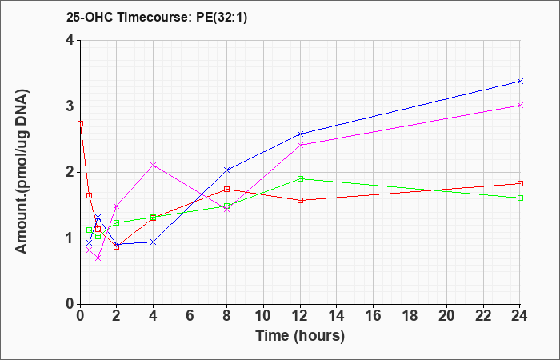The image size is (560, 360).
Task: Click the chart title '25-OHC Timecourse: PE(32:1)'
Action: click(157, 18)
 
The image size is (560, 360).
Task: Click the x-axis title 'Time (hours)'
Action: click(300, 336)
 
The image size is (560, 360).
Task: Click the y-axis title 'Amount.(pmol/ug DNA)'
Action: click(22, 172)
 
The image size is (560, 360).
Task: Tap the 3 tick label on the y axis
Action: click(70, 106)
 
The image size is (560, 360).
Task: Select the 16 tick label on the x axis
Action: click(374, 315)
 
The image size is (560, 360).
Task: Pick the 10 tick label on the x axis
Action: click(263, 315)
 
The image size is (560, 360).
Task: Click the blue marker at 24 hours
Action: click(520, 82)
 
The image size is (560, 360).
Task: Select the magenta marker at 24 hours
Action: click(520, 106)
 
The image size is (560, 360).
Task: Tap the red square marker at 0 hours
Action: click(81, 123)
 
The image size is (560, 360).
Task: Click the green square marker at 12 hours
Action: click(300, 178)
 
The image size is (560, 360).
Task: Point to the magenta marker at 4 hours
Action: click(154, 165)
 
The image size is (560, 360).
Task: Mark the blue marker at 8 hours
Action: click(226, 170)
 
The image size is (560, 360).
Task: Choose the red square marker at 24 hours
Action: click(520, 183)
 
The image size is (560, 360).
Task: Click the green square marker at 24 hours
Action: click(520, 198)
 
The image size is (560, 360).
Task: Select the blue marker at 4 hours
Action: click(154, 242)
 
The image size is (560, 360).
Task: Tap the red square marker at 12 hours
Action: click(300, 200)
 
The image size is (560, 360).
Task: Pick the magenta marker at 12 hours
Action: click(300, 145)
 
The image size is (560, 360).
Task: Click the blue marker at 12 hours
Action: click(300, 134)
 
